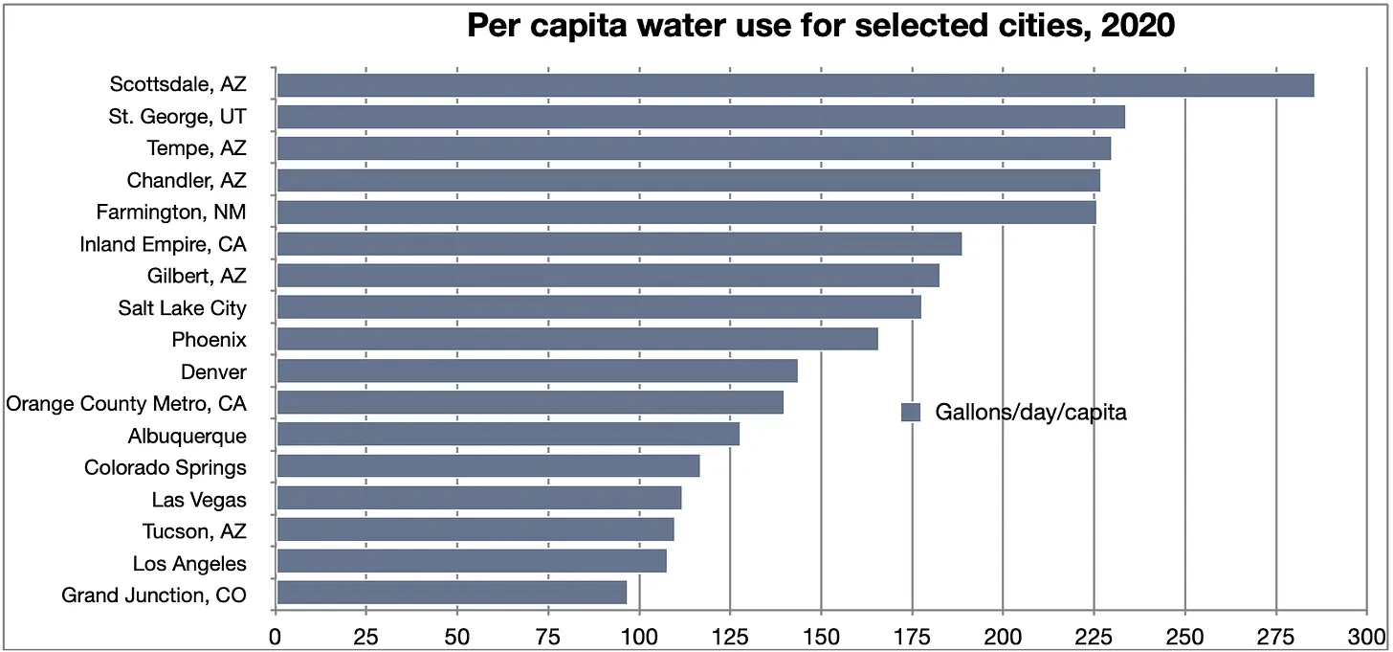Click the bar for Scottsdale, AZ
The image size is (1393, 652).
tap(794, 85)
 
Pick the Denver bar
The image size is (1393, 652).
tap(537, 371)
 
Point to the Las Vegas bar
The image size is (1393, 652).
tap(478, 498)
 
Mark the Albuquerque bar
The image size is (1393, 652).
tap(507, 435)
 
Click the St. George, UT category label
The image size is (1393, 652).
tap(177, 117)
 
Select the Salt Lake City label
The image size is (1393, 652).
tap(183, 308)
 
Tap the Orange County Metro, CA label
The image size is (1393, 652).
tap(126, 403)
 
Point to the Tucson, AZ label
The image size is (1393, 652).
tap(194, 530)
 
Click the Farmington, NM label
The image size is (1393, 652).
tap(171, 212)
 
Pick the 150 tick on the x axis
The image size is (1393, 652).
tap(821, 635)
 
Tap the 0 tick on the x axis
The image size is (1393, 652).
tap(276, 635)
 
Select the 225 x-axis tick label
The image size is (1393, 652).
tap(1094, 635)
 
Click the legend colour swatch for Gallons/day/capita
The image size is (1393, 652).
tap(911, 413)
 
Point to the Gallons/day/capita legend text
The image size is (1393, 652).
tap(1030, 413)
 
